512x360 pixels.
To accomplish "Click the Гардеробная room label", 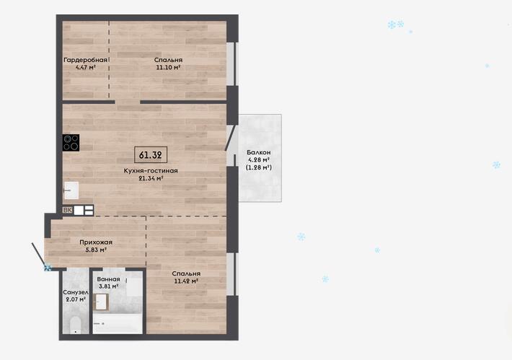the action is [x=86, y=60].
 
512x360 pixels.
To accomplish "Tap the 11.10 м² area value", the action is [x=169, y=68].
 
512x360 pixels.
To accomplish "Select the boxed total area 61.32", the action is [x=151, y=155].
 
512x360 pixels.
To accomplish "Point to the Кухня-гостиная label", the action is [x=151, y=170].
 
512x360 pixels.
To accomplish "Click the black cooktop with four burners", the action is [x=71, y=143].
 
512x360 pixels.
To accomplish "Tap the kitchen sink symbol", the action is [x=71, y=190].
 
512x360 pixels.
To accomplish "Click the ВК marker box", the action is [x=68, y=210].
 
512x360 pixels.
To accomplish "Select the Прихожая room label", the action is [x=96, y=242].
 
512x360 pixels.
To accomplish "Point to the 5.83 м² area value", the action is [x=96, y=250].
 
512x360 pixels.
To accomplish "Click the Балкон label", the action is [x=259, y=152].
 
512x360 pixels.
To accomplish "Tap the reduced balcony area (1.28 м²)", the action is [x=259, y=167].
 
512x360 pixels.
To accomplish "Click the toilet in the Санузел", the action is [x=76, y=325].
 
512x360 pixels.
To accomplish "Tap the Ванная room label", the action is [x=108, y=279].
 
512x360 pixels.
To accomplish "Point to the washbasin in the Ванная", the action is [x=101, y=302].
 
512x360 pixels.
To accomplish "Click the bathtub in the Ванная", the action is [x=118, y=324].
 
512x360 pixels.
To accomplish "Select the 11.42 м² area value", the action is [x=187, y=281].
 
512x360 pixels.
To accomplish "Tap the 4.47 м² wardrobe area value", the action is [x=86, y=68].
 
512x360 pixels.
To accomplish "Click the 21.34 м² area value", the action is [x=151, y=178].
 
